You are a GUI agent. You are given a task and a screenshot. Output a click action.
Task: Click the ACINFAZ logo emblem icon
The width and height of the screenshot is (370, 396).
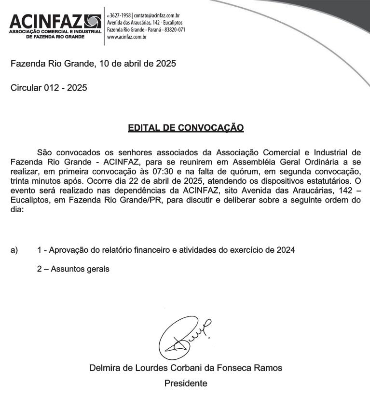tap(93, 22)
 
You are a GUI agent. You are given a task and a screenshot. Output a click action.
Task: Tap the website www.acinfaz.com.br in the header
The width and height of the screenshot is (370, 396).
tap(127, 37)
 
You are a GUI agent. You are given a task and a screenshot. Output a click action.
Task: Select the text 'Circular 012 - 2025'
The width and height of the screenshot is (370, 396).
tap(49, 88)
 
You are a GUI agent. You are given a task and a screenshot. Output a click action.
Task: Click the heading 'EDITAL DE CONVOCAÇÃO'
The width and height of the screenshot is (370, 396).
tap(186, 128)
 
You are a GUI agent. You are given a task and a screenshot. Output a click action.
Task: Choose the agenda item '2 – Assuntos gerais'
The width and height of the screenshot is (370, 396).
tap(73, 269)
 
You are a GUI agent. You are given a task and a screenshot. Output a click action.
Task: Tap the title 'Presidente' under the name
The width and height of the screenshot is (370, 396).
tap(186, 383)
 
